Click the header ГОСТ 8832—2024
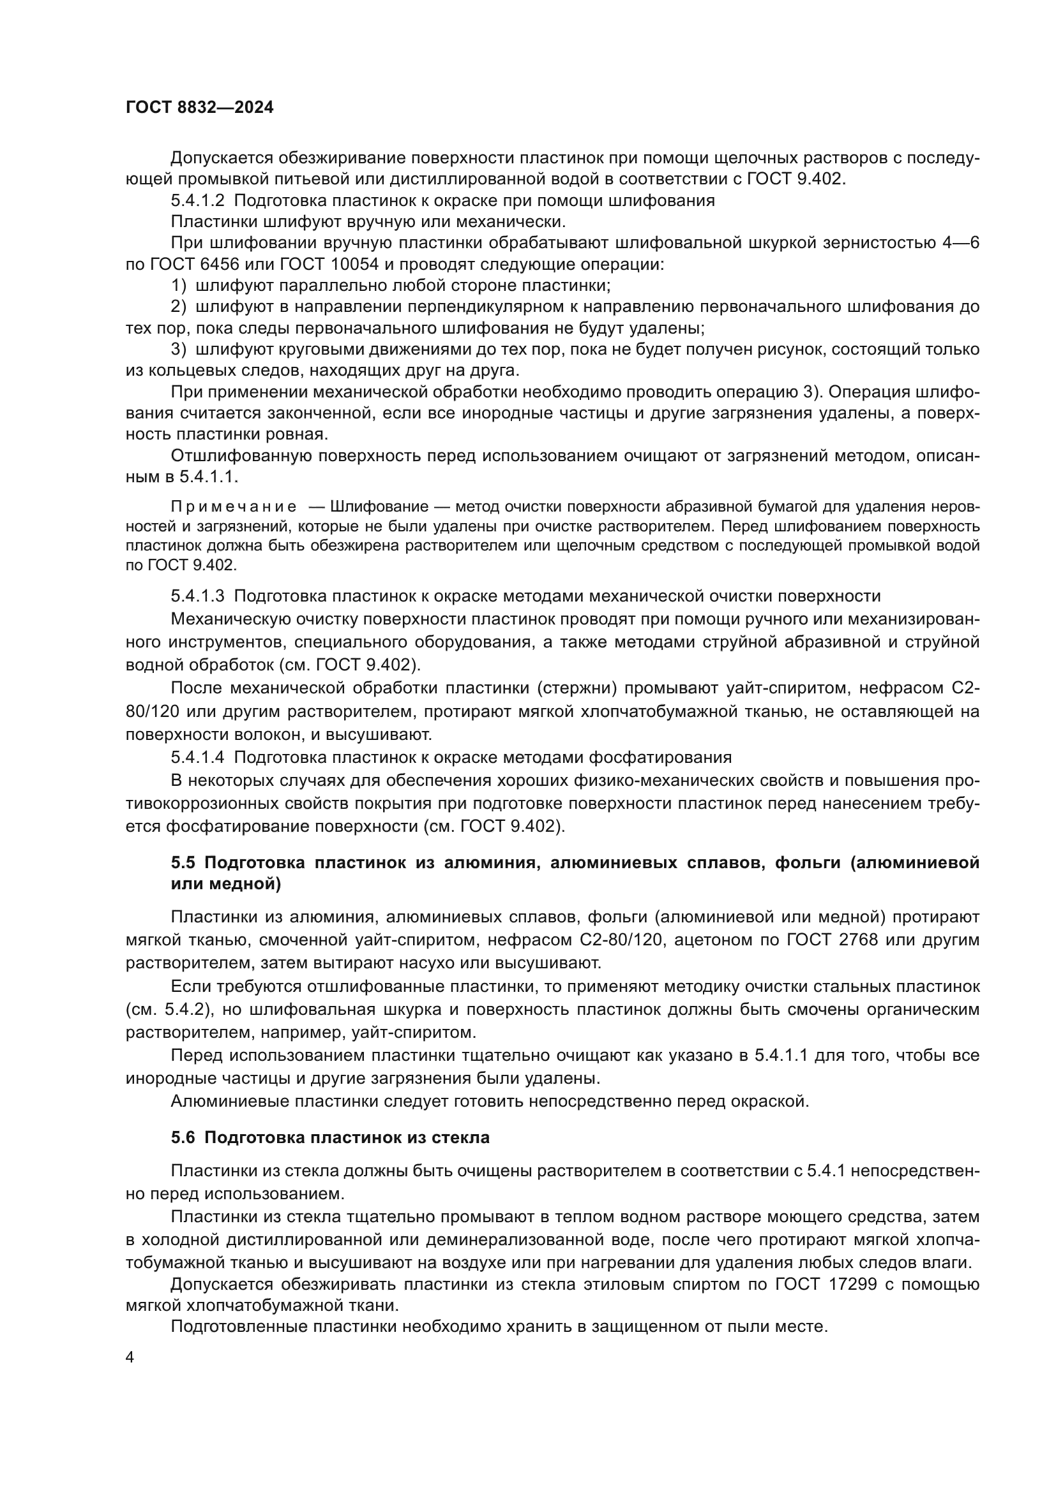click(x=199, y=108)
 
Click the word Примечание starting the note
click(x=234, y=507)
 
